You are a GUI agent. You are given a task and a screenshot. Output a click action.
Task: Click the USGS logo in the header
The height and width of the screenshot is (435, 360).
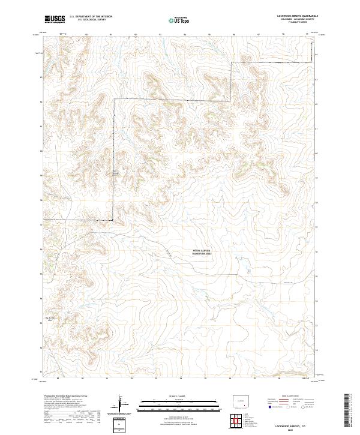pos(55,19)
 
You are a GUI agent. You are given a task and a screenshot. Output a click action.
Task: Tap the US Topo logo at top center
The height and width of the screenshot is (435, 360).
pos(180,20)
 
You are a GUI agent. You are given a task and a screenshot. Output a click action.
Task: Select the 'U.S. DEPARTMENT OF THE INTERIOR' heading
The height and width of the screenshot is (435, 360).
pos(91,17)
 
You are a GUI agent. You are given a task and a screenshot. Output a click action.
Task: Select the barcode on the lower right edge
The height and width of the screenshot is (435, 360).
pos(350,412)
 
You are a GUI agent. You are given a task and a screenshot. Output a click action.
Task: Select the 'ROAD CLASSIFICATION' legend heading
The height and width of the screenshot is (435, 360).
pos(289,397)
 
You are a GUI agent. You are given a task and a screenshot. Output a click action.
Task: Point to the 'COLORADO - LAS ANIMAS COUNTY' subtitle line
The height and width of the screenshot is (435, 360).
pos(292,20)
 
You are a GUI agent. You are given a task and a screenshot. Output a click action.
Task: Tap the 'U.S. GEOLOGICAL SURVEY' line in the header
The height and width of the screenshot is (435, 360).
pos(91,20)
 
